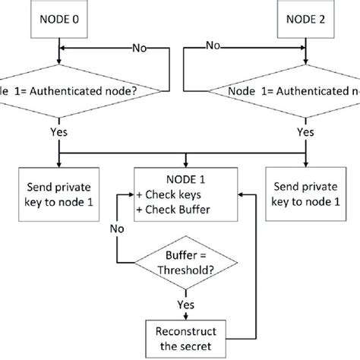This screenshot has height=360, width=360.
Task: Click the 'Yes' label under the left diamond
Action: [58, 130]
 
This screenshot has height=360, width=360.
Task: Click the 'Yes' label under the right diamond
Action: [305, 130]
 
